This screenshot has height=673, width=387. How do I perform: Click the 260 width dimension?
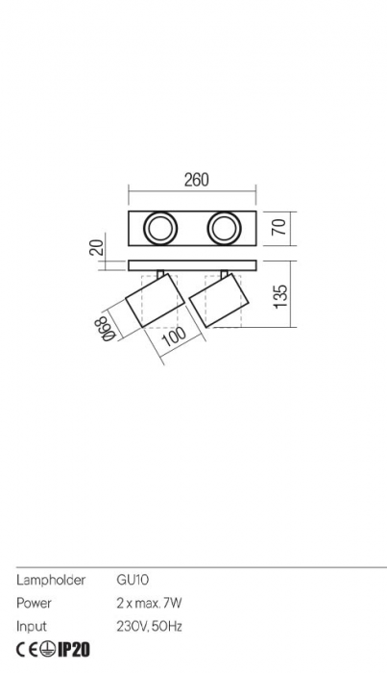196,180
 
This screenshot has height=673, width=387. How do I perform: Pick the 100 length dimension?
174,337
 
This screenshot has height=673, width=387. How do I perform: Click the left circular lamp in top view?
159,229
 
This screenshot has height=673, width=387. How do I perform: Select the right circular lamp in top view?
226,229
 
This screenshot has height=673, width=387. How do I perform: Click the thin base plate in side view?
192,262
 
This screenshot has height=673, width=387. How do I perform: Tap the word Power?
34,604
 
